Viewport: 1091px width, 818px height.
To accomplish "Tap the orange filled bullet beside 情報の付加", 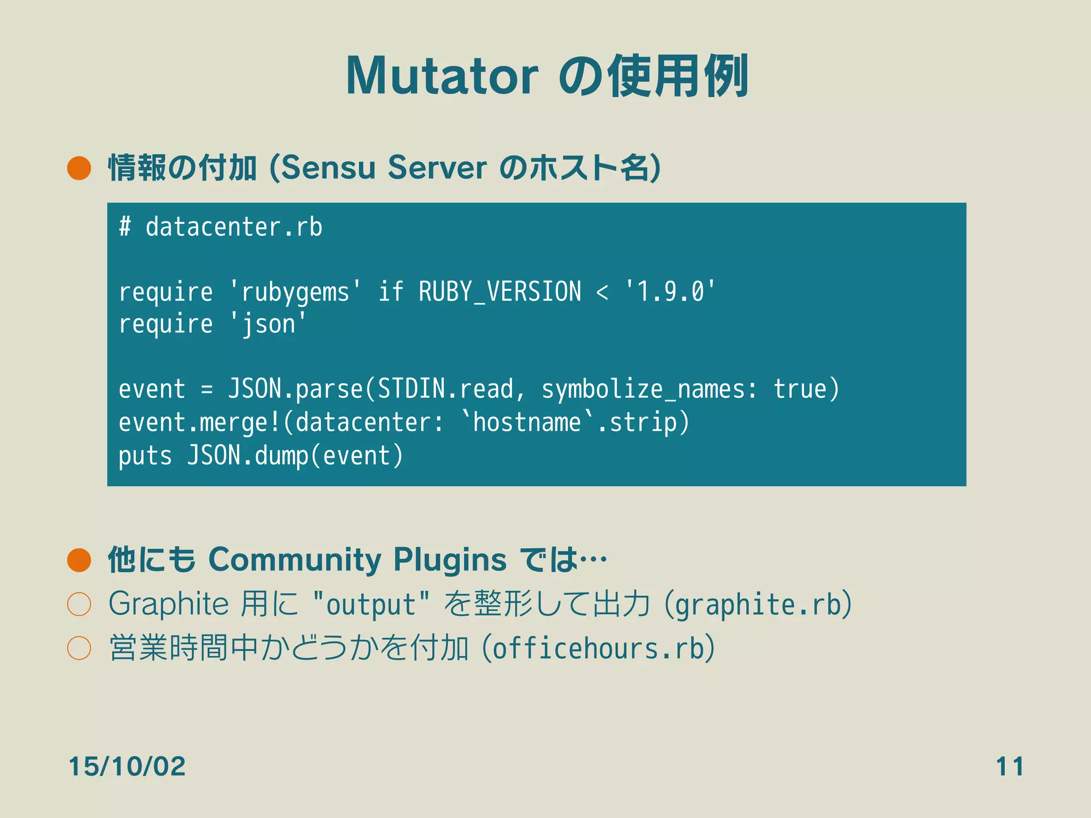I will tap(79, 168).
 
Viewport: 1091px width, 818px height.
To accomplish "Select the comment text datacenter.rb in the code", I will tap(234, 227).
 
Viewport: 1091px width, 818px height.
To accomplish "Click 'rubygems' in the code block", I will tap(295, 292).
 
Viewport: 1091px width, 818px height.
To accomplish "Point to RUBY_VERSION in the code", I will tap(500, 292).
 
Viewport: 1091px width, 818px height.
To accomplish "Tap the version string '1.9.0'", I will tap(670, 292).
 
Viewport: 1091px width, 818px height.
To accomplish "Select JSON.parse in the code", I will tap(295, 389).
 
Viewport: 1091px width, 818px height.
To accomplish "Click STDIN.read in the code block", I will tap(445, 389).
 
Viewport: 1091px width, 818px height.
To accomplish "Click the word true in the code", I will tap(800, 389).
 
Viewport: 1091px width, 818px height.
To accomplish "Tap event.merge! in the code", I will tap(199, 423).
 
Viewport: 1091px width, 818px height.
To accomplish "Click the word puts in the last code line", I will tap(145, 456).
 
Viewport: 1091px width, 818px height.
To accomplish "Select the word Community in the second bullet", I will tap(295, 560).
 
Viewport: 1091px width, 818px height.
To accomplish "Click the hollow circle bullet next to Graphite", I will tap(79, 604).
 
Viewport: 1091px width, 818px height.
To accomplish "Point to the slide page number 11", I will tap(1009, 766).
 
